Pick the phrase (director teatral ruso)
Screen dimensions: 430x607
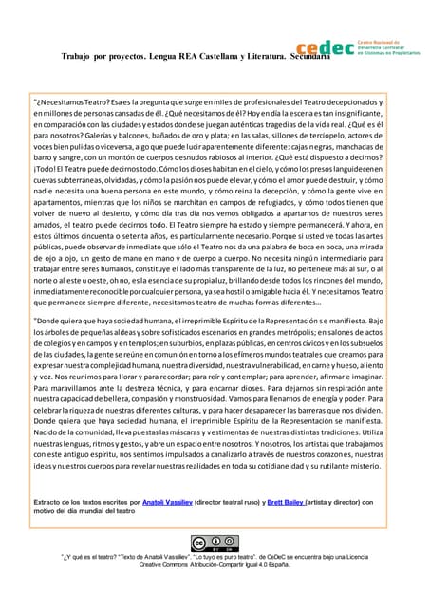click(236, 501)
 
